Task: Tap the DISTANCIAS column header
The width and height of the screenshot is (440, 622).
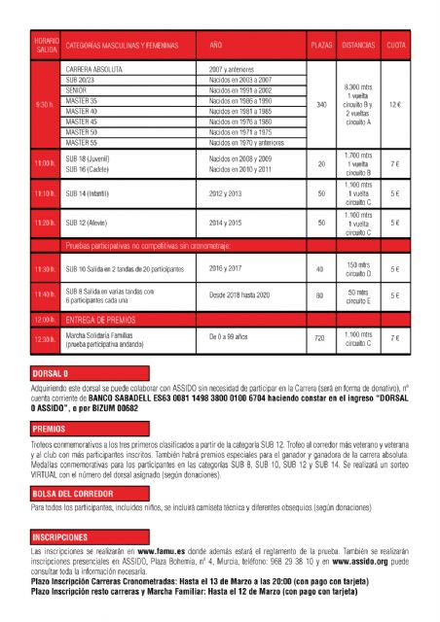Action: (358, 45)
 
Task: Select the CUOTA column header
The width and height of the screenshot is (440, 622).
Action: (396, 45)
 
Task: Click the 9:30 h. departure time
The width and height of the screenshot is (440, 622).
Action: (45, 104)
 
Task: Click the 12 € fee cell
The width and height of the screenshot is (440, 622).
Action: (395, 104)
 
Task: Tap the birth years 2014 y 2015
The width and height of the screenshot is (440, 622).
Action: (233, 223)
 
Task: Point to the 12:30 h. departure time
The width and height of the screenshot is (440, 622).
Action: (45, 338)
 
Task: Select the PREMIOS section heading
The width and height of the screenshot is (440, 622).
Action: (49, 428)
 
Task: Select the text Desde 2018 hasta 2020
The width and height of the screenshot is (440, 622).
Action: (243, 294)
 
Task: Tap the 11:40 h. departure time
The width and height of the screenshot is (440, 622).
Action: (45, 294)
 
